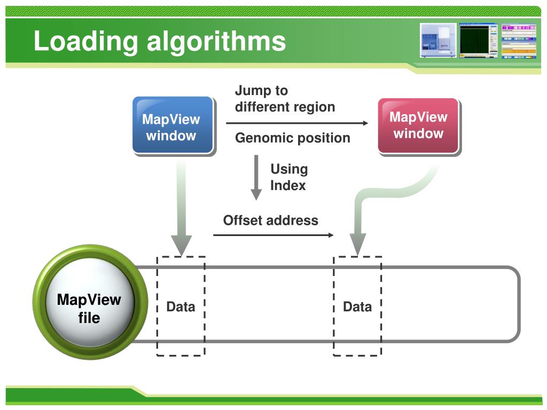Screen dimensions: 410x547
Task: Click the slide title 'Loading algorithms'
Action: [x=159, y=42]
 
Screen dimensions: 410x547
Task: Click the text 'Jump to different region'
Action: [x=285, y=99]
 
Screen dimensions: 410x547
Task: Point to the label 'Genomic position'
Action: [x=293, y=138]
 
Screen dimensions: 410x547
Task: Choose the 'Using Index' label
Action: [x=289, y=177]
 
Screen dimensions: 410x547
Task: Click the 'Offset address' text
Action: [x=270, y=220]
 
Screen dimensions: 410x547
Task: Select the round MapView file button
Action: [x=89, y=308]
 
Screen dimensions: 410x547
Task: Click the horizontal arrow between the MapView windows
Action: [x=297, y=123]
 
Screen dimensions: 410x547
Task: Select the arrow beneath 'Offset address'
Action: [x=273, y=235]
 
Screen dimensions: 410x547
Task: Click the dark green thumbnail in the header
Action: [x=478, y=40]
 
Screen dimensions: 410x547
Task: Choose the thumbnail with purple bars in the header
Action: [x=518, y=40]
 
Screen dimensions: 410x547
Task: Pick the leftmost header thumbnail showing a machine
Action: [x=438, y=40]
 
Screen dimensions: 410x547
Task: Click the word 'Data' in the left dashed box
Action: [x=181, y=306]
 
